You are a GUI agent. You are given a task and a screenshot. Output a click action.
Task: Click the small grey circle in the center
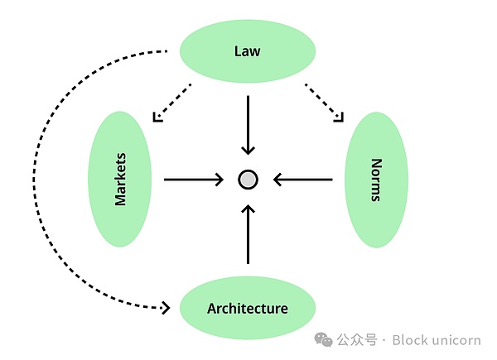248,179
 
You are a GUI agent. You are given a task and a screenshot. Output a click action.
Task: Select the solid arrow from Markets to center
194,179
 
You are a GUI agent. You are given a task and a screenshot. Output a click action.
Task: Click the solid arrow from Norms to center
303,179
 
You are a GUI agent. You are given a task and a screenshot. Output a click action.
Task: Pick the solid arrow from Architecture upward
248,235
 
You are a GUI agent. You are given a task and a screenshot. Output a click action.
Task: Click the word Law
247,51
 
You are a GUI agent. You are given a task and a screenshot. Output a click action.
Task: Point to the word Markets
121,179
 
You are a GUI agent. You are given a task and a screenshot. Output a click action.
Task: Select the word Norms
376,179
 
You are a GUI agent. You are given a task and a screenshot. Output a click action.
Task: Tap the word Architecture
248,309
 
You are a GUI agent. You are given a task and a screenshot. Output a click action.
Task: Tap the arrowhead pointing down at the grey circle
248,150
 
